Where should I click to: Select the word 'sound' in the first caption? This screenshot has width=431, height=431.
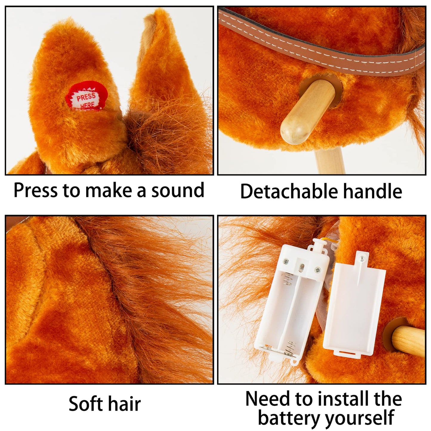(178, 190)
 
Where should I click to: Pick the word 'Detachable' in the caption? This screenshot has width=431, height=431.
(289, 191)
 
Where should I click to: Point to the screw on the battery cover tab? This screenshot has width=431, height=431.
(361, 259)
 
